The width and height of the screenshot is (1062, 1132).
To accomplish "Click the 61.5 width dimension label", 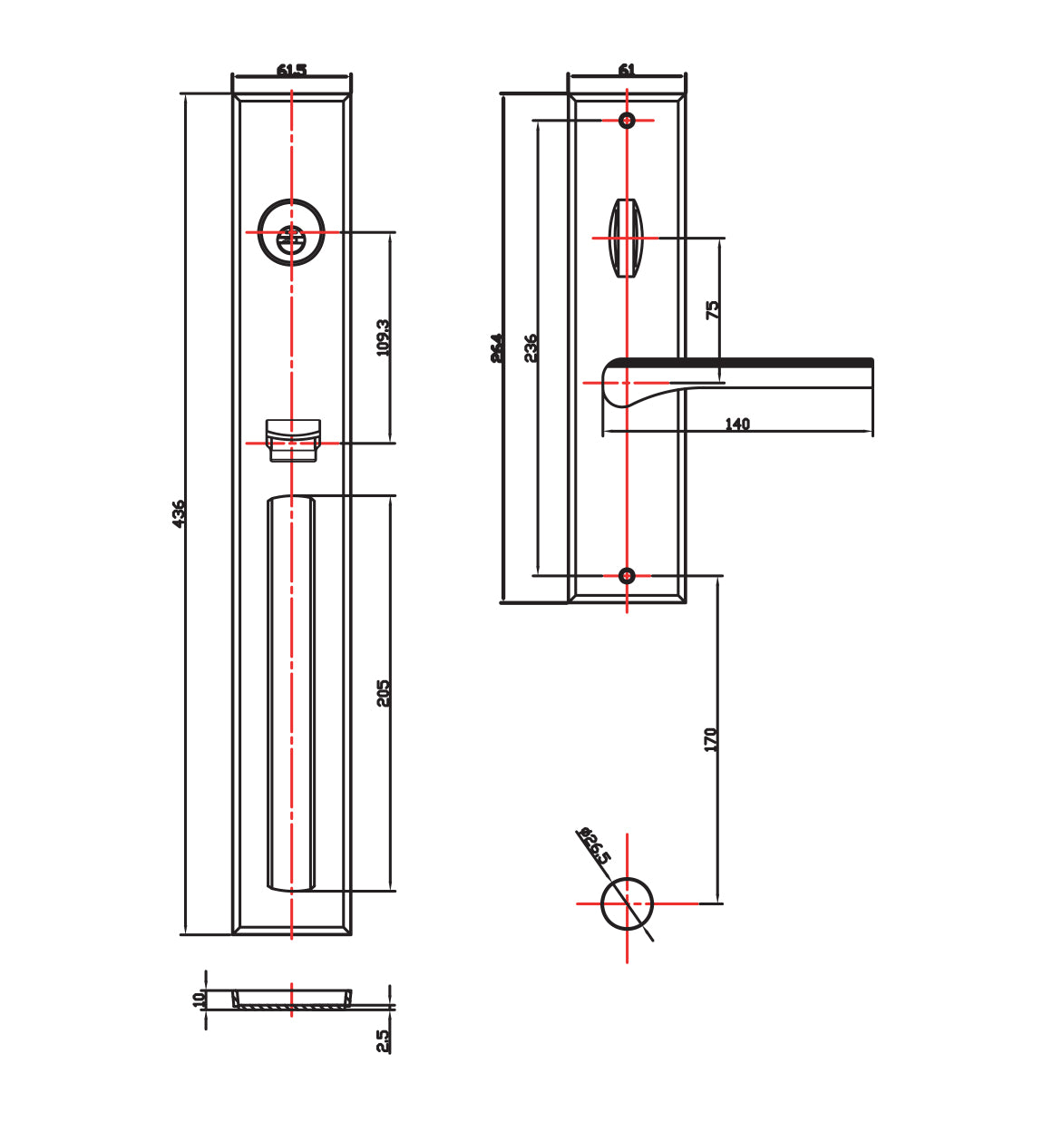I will pyautogui.click(x=291, y=70).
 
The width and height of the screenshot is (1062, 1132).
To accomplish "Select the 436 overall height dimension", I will pyautogui.click(x=179, y=513).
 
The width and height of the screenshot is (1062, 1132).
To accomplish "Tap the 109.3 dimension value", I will pyautogui.click(x=384, y=337).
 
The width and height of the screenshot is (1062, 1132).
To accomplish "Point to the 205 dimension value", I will pyautogui.click(x=384, y=693).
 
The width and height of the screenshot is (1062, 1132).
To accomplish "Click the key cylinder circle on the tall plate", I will pyautogui.click(x=291, y=233).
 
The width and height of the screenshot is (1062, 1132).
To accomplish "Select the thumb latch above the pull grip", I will pyautogui.click(x=292, y=439).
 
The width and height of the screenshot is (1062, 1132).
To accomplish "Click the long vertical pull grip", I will pyautogui.click(x=291, y=693).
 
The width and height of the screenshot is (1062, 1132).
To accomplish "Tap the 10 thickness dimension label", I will pyautogui.click(x=199, y=999).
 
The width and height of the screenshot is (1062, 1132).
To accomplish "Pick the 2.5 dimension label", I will pyautogui.click(x=384, y=1039).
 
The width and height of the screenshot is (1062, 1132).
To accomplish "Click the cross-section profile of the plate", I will pyautogui.click(x=291, y=1000).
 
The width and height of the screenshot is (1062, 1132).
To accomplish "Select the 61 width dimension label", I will pyautogui.click(x=627, y=70).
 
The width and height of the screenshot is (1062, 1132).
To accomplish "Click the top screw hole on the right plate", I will pyautogui.click(x=627, y=120).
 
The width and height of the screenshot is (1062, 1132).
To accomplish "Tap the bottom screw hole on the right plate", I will pyautogui.click(x=627, y=575).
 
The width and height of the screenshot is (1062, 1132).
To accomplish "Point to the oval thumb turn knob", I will pyautogui.click(x=626, y=238).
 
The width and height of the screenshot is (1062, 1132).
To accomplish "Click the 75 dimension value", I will pyautogui.click(x=713, y=309).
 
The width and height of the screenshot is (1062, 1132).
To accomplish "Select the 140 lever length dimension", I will pyautogui.click(x=737, y=424).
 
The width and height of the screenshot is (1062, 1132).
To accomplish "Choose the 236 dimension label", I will pyautogui.click(x=531, y=347).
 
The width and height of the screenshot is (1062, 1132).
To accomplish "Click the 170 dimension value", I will pyautogui.click(x=711, y=739).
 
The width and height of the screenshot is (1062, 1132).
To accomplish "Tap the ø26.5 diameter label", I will pyautogui.click(x=595, y=844).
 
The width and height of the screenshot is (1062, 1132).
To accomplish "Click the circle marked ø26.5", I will pyautogui.click(x=627, y=903).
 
